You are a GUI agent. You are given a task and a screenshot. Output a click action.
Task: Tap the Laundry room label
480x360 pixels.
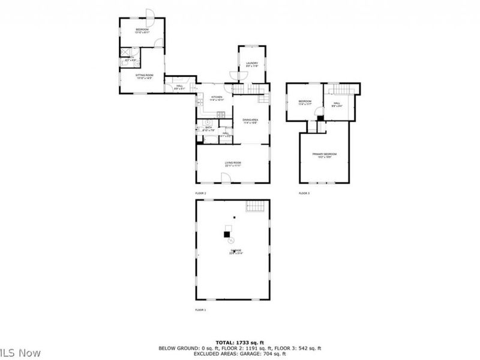[x=252, y=64]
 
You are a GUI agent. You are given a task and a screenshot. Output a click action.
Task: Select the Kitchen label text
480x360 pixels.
[x=217, y=97]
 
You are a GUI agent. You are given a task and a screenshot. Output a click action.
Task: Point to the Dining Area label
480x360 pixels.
[x=250, y=121]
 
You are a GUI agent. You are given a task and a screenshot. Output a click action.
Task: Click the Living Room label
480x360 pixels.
[x=233, y=164]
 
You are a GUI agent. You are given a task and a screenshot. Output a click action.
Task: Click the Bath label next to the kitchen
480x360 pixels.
[x=209, y=128]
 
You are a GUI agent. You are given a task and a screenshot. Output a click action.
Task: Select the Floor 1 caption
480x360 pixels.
[x=200, y=310]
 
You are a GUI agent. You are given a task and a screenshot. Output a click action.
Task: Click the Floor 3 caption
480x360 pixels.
[x=304, y=193]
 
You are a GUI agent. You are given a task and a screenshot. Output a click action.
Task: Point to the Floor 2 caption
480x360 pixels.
[x=200, y=193]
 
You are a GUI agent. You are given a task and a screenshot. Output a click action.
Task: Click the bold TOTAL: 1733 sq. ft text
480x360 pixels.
[x=239, y=341]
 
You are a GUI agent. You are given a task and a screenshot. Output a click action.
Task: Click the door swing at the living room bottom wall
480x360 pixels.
[x=226, y=178]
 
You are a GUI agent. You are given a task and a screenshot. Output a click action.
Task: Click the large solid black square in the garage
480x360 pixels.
[x=228, y=235]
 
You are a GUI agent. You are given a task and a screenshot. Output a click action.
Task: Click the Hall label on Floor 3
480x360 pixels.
[x=337, y=103]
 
